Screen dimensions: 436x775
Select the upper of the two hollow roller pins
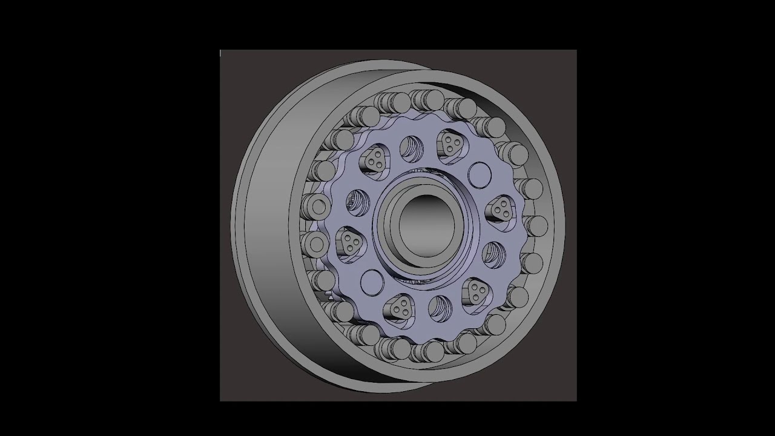click(316, 207)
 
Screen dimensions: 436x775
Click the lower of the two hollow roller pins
click(315, 244)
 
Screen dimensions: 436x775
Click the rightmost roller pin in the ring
click(536, 226)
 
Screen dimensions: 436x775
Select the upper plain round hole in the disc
click(480, 174)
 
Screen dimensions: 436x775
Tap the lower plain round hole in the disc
click(372, 282)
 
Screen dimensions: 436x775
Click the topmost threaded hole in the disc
click(411, 147)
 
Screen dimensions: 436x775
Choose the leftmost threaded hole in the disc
click(357, 202)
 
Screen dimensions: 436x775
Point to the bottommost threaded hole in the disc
click(440, 308)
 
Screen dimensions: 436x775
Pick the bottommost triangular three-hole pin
click(400, 308)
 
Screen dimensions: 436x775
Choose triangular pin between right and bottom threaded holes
click(477, 292)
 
